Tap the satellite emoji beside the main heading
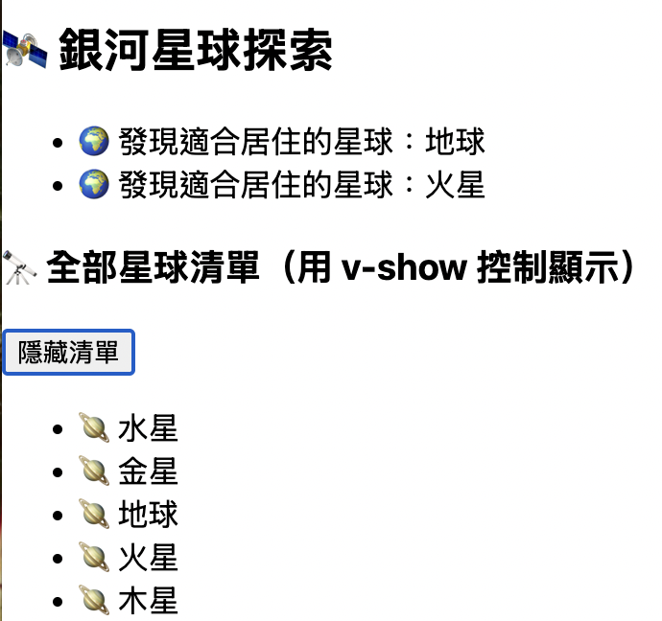coord(25,51)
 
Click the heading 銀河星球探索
coord(196,51)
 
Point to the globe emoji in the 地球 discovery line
coord(92,142)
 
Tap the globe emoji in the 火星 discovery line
coord(92,184)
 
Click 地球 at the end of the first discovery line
coord(456,142)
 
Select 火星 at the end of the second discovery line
coord(456,184)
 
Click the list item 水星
coord(148,429)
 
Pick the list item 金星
coord(148,471)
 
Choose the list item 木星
coord(148,601)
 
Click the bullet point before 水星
coord(60,429)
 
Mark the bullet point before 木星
coord(60,602)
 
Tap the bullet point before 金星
coord(60,472)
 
